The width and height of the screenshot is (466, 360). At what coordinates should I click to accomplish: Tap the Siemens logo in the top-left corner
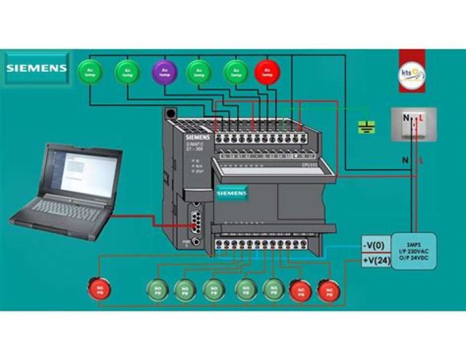37,67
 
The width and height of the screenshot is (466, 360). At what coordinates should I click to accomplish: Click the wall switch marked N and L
413,124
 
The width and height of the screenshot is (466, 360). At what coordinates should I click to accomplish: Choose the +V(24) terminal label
375,262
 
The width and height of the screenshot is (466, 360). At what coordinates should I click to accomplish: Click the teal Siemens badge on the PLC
232,193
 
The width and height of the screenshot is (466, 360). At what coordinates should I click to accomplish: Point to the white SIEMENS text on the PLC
197,138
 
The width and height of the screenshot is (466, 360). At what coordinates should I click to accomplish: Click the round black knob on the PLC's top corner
171,113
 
